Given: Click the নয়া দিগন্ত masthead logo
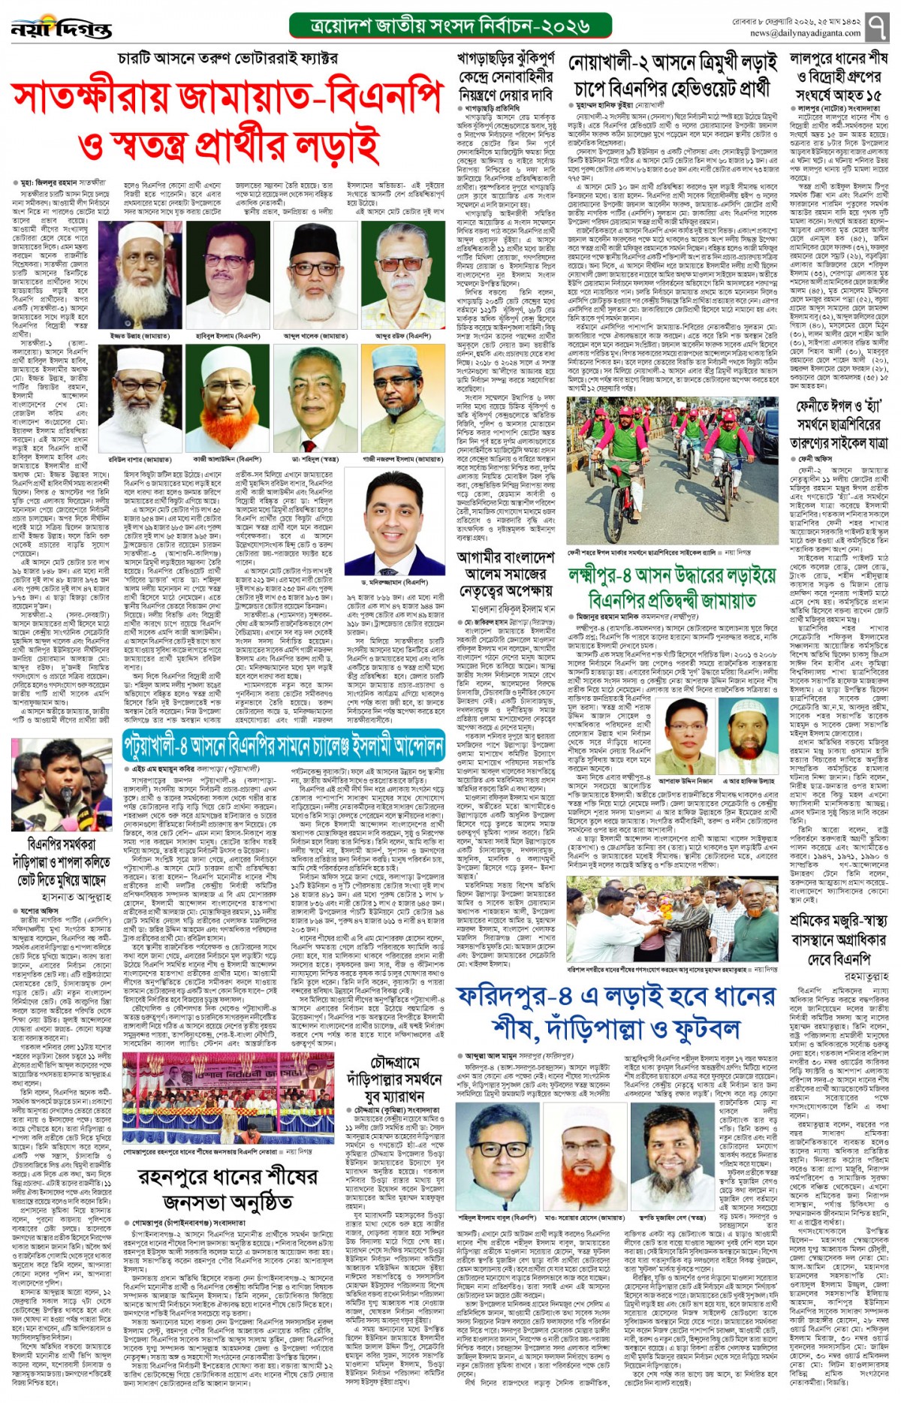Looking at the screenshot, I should point(62,29).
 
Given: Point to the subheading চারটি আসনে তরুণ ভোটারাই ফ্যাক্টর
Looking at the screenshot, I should point(228,58).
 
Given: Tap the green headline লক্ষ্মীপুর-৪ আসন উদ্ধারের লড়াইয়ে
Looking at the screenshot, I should point(672,577).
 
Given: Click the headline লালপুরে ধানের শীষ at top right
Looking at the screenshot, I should point(839,59).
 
